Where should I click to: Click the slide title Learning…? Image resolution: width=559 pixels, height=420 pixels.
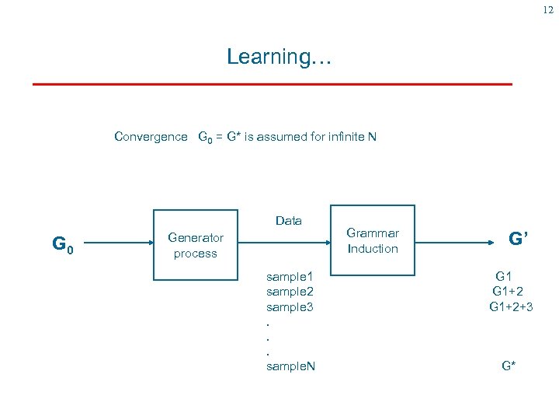[279, 57]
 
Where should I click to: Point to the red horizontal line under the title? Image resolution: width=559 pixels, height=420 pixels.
[272, 83]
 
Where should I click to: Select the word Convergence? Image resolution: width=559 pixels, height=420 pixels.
[151, 137]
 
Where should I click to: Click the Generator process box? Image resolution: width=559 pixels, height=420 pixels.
[195, 245]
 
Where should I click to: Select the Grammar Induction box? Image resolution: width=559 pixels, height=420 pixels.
[373, 241]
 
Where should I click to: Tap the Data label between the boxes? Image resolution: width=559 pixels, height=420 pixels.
[289, 221]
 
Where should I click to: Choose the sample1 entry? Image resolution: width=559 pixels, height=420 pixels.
[290, 276]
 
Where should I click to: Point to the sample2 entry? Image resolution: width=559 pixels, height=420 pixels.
[290, 292]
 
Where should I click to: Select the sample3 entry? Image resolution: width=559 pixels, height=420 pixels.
[290, 306]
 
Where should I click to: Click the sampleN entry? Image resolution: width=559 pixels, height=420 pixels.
[290, 366]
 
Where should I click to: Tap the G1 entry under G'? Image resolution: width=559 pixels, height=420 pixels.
[504, 276]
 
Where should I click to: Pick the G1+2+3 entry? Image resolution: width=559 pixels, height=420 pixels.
[511, 306]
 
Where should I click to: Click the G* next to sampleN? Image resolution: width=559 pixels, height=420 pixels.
[509, 366]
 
